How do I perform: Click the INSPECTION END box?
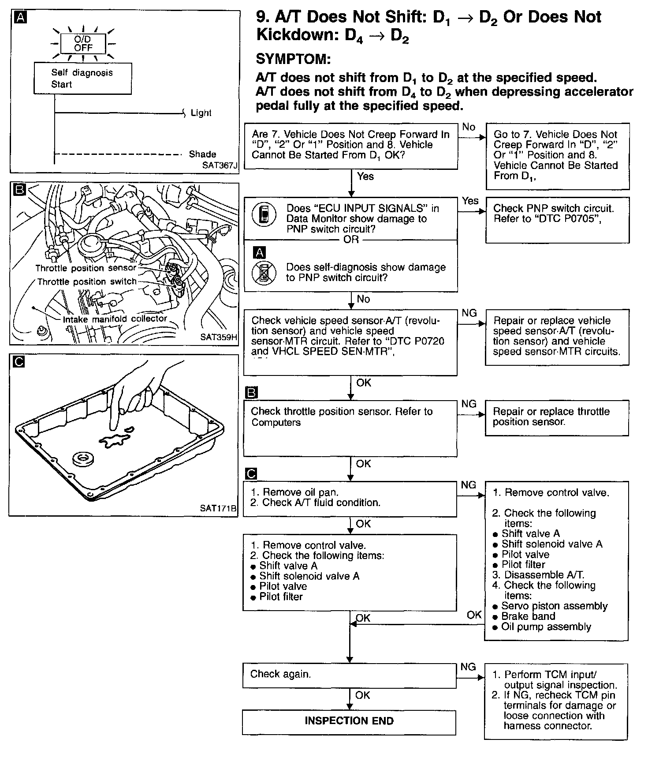(349, 721)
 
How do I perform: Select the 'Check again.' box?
(349, 675)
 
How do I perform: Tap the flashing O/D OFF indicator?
(83, 44)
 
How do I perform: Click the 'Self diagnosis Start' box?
(82, 79)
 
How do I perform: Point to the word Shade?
(202, 154)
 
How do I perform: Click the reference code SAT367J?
(219, 165)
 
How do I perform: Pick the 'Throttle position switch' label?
(86, 281)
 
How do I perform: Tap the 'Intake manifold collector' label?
(115, 319)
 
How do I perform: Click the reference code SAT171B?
(218, 508)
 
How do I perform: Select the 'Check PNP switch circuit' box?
(557, 219)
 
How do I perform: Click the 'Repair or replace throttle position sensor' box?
(556, 417)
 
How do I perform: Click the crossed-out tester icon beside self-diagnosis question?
(264, 273)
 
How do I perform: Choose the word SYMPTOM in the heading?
(293, 59)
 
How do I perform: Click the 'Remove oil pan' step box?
(350, 498)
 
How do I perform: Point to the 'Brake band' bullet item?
(528, 616)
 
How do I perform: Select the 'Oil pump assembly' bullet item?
(546, 627)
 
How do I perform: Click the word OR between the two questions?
(351, 240)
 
